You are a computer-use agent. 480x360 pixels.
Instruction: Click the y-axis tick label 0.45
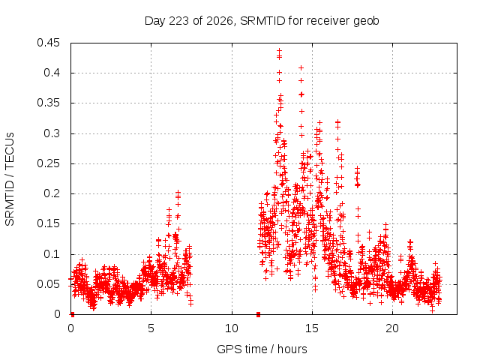coord(48,43)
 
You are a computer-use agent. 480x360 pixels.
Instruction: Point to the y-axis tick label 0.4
coord(52,73)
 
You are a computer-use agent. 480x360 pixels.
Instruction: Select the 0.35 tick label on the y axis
coord(48,103)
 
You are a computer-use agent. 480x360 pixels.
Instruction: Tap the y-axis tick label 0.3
coord(52,133)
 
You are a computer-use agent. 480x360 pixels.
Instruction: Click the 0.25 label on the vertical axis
coord(48,163)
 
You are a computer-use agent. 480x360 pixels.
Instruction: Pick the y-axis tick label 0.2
coord(52,193)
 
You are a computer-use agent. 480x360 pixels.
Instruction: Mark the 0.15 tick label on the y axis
coord(48,223)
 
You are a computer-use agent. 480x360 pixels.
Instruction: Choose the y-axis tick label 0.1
coord(52,254)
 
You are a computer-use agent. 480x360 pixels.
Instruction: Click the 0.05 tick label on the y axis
coord(48,284)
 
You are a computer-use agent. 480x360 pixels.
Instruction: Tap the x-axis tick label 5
coord(151,328)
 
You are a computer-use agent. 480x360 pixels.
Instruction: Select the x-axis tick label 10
coord(232,328)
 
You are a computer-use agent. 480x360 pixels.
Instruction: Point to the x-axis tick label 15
coord(312,328)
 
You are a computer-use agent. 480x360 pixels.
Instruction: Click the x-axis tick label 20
coord(392,328)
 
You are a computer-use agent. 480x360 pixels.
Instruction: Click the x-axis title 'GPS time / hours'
coord(262,349)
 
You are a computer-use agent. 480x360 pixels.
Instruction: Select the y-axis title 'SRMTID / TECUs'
coord(10,179)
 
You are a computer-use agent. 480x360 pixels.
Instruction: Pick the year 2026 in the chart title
coord(220,21)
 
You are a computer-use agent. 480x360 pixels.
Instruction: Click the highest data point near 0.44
coord(279,50)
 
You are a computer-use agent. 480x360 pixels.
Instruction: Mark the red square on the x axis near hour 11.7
coord(258,314)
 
